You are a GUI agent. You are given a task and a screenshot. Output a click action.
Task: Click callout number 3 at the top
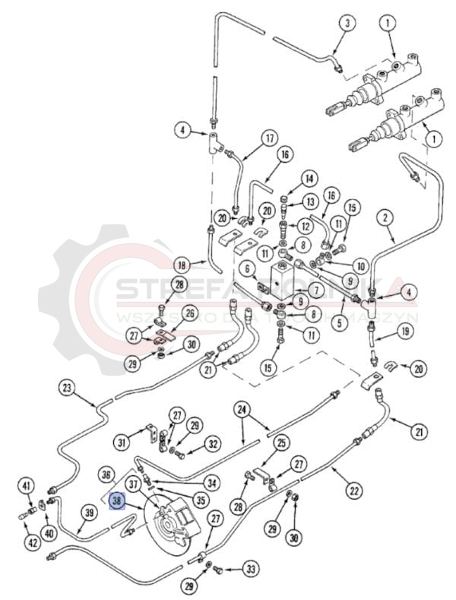tap(347, 23)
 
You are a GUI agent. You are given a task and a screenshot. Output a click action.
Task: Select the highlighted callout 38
tap(117, 501)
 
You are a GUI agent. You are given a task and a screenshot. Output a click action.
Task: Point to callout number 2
tap(386, 217)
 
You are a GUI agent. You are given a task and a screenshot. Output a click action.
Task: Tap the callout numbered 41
tap(27, 486)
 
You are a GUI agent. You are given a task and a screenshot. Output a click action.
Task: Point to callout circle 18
tap(181, 265)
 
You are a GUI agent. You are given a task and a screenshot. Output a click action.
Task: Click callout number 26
tap(189, 313)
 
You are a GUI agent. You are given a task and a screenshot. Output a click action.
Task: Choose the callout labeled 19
tap(404, 332)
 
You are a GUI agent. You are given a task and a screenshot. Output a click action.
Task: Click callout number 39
tap(89, 514)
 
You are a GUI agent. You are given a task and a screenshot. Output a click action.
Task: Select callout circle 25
tap(282, 443)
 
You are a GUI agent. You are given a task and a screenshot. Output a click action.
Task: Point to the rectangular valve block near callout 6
tap(282, 281)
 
